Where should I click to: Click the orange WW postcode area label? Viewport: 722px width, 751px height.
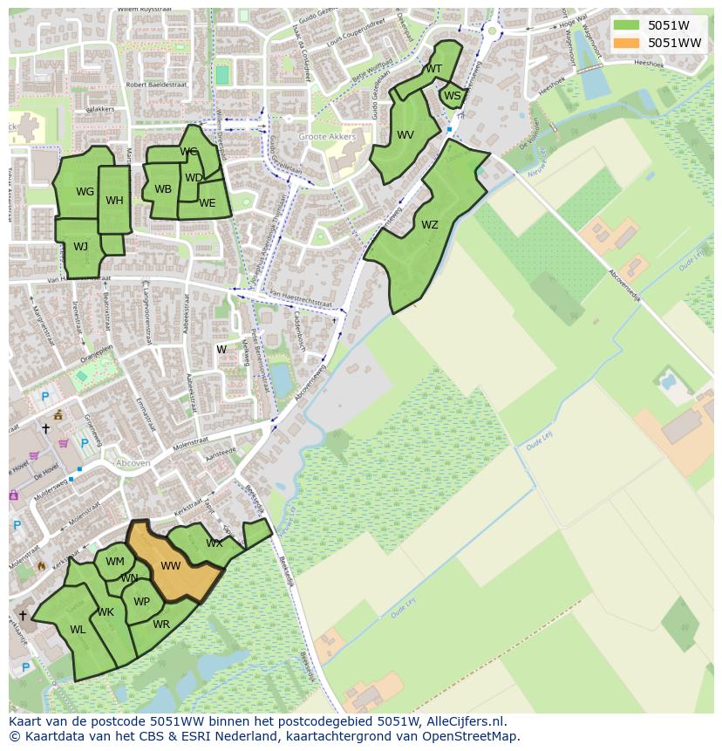coord(171,566)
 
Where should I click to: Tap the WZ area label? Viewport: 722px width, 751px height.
coord(430,225)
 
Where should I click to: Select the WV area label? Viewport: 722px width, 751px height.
coord(405,135)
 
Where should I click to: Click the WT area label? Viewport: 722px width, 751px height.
coord(433,69)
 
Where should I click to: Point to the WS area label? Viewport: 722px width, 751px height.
coord(452,96)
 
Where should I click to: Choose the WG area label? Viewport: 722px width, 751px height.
coord(85,192)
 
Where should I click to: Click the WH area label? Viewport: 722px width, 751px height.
coord(114,201)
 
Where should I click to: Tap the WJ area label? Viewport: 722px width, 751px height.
coord(80,247)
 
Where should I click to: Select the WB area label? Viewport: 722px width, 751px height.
coord(163,189)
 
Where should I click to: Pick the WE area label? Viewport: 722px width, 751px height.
coord(207,203)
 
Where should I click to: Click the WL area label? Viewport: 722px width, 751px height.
coord(78,630)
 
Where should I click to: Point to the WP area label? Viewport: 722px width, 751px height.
coord(141,602)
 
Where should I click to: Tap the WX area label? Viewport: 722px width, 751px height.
coord(214,543)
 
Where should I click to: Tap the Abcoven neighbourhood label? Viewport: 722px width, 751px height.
coord(133,464)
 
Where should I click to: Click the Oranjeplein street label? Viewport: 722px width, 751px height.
coord(97,354)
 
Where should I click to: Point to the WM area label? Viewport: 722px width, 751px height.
coord(115,562)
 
